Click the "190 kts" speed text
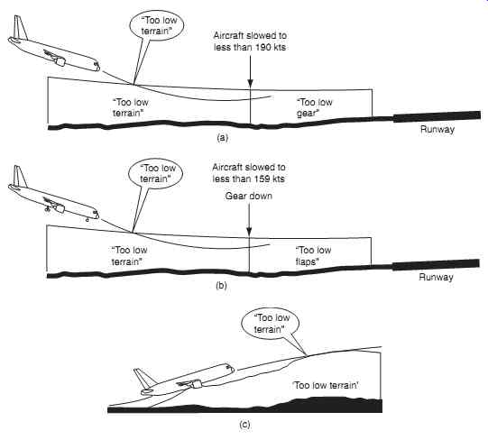(x=271, y=47)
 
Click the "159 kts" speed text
(x=270, y=179)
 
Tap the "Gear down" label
(x=248, y=196)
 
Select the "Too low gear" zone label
(x=314, y=107)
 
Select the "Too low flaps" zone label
(x=313, y=256)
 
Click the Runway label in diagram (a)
(x=437, y=130)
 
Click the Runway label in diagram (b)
(x=436, y=278)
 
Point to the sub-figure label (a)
(x=222, y=138)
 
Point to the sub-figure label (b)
(x=221, y=285)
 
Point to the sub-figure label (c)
(x=244, y=425)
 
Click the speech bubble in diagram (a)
(x=157, y=26)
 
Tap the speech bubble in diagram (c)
(x=270, y=324)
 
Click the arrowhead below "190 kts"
(x=250, y=82)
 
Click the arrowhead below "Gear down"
(x=249, y=231)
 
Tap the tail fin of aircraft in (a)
(x=20, y=28)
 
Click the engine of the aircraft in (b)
(x=58, y=206)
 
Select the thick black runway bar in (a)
(x=437, y=116)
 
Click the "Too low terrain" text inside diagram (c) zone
(x=326, y=385)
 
